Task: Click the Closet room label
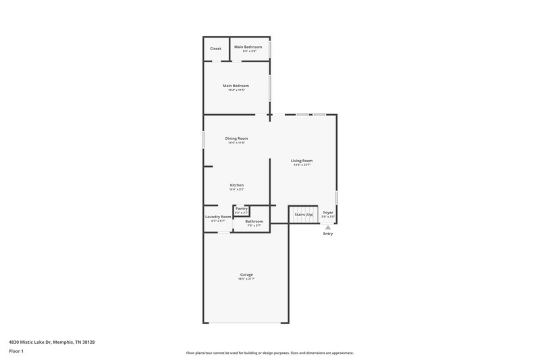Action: (x=215, y=49)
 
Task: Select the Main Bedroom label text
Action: (x=236, y=86)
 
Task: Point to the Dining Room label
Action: (x=236, y=138)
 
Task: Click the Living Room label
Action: (x=302, y=161)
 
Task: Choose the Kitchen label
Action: (x=236, y=185)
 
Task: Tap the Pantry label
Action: (x=242, y=209)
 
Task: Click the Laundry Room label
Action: (x=218, y=217)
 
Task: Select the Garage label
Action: (x=246, y=274)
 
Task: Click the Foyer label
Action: (x=328, y=212)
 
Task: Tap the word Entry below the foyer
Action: (x=328, y=234)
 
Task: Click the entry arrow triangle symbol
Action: (x=328, y=227)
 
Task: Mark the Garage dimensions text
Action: (x=246, y=279)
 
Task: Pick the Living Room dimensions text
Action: (x=302, y=165)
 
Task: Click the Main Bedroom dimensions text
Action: (x=236, y=91)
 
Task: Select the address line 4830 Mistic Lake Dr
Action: (x=52, y=342)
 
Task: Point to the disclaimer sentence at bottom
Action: (x=270, y=353)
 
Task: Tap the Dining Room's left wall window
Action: (x=204, y=138)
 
